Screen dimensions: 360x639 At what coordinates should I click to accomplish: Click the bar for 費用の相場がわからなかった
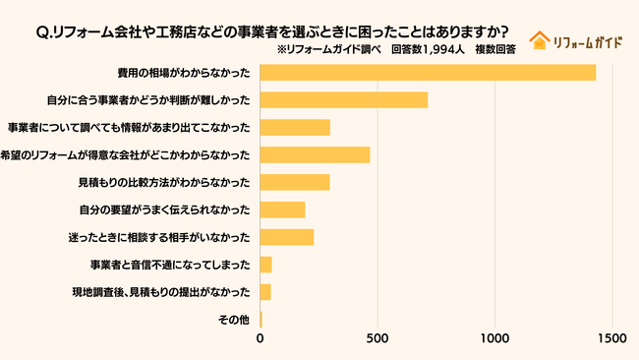(428, 72)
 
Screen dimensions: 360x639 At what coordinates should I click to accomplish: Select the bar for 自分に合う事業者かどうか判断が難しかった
(344, 99)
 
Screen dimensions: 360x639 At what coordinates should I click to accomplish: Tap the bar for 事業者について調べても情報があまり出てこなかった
(295, 127)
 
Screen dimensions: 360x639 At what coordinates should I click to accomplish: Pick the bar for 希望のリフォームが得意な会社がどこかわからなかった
(315, 154)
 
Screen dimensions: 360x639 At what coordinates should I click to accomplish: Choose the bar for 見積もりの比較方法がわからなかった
(295, 182)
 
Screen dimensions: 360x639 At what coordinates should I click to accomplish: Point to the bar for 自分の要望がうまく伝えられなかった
(283, 210)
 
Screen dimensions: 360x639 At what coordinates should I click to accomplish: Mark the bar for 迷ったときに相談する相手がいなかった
(287, 237)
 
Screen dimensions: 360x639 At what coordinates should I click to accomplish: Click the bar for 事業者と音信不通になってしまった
(265, 265)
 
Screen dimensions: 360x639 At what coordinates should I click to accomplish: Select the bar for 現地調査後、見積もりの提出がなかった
(265, 292)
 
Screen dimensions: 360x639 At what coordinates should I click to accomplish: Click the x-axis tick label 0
(261, 339)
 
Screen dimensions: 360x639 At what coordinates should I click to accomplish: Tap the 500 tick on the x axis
(378, 339)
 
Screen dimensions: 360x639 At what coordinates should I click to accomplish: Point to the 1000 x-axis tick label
(494, 339)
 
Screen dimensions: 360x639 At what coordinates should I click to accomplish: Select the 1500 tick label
(611, 339)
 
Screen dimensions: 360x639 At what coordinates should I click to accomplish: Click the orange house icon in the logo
(539, 40)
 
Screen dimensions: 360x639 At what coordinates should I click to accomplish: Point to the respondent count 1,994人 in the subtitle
(445, 48)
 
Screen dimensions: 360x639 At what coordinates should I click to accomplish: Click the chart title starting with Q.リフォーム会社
(278, 30)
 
